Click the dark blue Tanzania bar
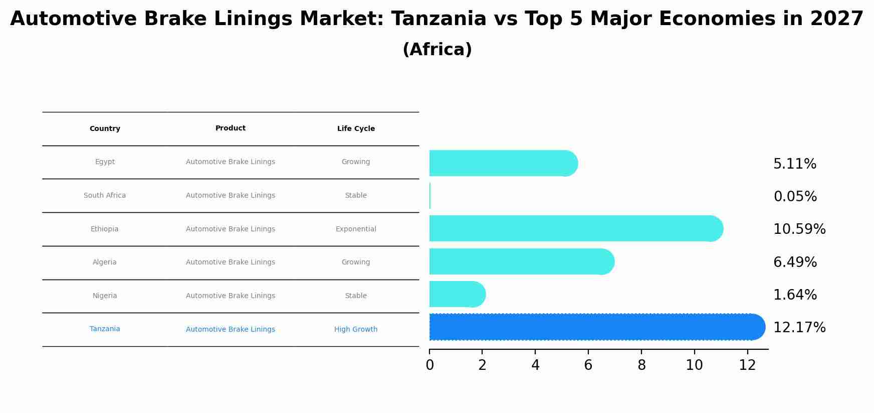click(596, 327)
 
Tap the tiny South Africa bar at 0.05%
click(430, 196)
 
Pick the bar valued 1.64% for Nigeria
click(457, 295)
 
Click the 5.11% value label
click(794, 164)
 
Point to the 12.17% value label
click(799, 328)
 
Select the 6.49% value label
click(795, 262)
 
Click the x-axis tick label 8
click(641, 365)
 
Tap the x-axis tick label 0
click(429, 365)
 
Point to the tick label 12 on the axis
click(747, 365)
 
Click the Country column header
click(105, 129)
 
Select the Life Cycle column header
click(356, 129)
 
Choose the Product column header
click(231, 128)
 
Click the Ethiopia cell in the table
click(105, 229)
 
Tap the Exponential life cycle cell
click(356, 229)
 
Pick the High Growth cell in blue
click(356, 330)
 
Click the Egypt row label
click(105, 162)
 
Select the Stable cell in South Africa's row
click(356, 196)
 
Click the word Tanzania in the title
click(439, 19)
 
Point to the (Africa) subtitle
click(437, 50)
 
